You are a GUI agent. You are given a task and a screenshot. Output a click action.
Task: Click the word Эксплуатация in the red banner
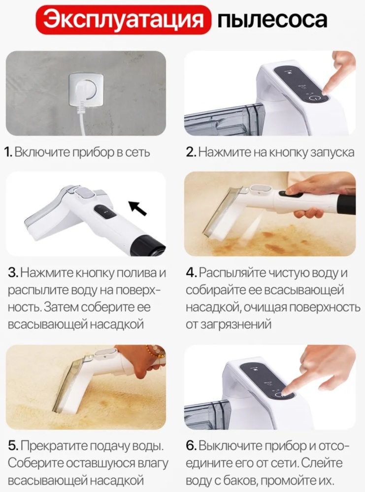coord(123,20)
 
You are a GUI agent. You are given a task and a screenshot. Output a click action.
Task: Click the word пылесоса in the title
coord(272,20)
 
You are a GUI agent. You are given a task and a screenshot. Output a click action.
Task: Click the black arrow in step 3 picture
coord(138,208)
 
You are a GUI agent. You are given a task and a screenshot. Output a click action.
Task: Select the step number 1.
coord(8,152)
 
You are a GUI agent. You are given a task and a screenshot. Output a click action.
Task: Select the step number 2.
coord(191,152)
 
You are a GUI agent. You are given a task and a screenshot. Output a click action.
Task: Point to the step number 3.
coord(13,273)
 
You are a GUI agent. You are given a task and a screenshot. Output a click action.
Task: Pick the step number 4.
coord(191,273)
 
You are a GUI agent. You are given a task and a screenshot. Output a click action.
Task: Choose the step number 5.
coord(13,446)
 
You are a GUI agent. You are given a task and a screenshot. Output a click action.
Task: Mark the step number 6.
coord(191,446)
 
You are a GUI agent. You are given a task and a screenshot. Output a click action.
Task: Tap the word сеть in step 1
coord(137,152)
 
